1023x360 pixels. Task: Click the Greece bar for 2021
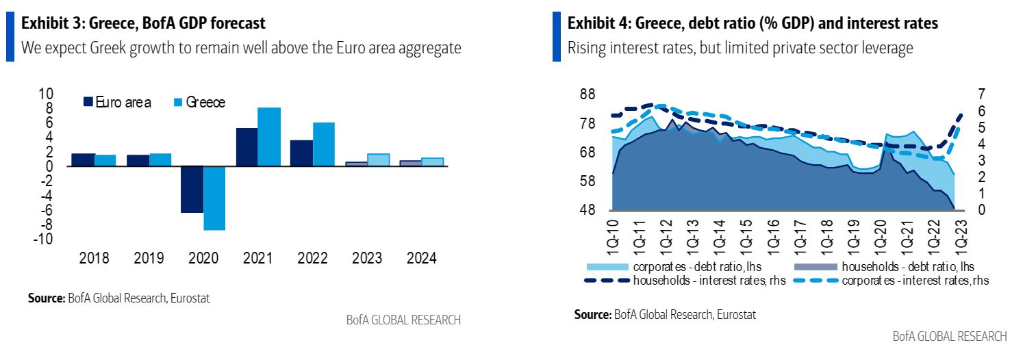(x=269, y=137)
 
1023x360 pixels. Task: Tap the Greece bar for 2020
(x=214, y=198)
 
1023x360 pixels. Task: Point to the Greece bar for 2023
(x=378, y=159)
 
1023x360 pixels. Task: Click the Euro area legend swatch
(x=88, y=103)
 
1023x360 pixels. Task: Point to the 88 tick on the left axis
(x=587, y=94)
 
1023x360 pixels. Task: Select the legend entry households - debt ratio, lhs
(x=883, y=266)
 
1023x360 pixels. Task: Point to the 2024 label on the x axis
(x=421, y=259)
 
